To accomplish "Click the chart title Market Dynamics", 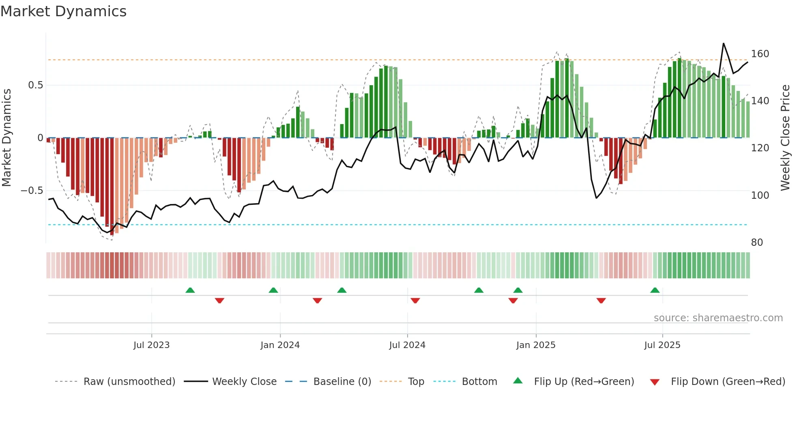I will pyautogui.click(x=64, y=11).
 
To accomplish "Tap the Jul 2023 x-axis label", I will pyautogui.click(x=151, y=345).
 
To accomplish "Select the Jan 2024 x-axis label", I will pyautogui.click(x=280, y=345).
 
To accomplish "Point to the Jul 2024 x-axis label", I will pyautogui.click(x=407, y=345).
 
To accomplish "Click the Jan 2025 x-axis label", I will pyautogui.click(x=536, y=345).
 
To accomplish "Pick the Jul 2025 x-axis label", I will pyautogui.click(x=662, y=345).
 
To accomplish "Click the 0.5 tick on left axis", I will pyautogui.click(x=35, y=85).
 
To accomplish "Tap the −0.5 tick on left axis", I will pyautogui.click(x=32, y=191).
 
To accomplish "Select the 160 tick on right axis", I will pyautogui.click(x=760, y=54).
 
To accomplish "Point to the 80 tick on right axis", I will pyautogui.click(x=757, y=243).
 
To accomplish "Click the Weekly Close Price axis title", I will pyautogui.click(x=785, y=138).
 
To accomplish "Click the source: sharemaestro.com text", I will pyautogui.click(x=718, y=318).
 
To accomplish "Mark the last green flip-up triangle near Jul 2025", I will pyautogui.click(x=655, y=290).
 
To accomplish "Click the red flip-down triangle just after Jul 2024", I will pyautogui.click(x=415, y=301).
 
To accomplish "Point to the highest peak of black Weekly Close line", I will pyautogui.click(x=723, y=43).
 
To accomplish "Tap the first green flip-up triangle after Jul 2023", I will pyautogui.click(x=190, y=290).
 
